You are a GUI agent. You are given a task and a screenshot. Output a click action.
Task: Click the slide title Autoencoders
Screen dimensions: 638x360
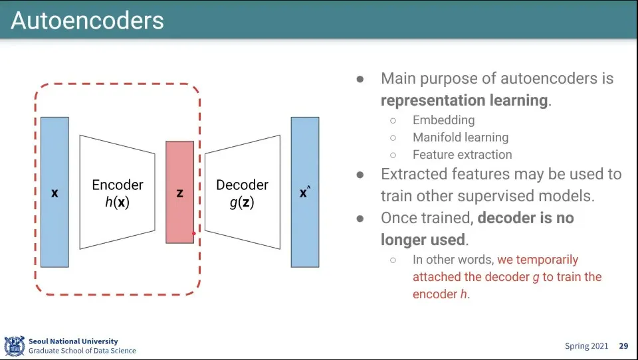tap(87, 21)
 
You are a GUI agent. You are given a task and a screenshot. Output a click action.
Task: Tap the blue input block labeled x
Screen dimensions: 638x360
tap(54, 192)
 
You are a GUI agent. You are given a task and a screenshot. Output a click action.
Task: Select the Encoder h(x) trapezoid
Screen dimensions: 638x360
tap(117, 192)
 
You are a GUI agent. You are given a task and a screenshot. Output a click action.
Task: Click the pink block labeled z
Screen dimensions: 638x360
tap(180, 192)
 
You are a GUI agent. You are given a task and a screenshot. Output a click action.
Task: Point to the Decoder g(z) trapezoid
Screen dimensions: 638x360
tap(243, 192)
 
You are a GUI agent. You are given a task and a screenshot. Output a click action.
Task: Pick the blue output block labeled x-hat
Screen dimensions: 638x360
tap(305, 192)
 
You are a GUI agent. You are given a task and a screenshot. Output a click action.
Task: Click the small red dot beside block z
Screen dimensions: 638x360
tap(193, 234)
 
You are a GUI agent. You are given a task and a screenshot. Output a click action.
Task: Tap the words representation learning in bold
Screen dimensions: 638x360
tap(464, 100)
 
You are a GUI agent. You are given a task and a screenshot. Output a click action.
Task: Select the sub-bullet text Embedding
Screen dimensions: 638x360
tap(443, 120)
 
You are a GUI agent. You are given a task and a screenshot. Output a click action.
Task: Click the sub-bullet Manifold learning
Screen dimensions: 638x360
tap(461, 137)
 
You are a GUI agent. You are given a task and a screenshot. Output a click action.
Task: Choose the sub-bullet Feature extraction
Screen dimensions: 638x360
tap(463, 155)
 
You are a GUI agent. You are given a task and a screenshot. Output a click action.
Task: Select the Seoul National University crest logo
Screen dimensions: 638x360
tap(15, 346)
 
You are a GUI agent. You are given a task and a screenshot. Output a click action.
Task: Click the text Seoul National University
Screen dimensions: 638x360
tap(73, 341)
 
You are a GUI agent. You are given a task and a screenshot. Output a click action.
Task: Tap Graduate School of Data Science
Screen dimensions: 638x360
tap(82, 351)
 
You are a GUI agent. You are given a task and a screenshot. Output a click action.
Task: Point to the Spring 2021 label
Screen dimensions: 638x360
tap(586, 346)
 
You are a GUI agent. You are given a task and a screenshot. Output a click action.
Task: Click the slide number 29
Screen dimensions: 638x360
tap(623, 346)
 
